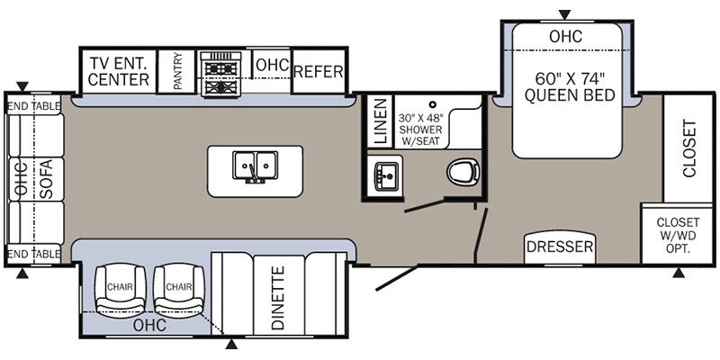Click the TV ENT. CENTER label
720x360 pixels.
pos(119,71)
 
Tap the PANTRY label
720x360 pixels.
pos(178,71)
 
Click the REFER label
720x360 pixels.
pos(318,72)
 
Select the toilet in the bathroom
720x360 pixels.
pos(463,171)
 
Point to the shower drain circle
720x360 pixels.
pos(432,106)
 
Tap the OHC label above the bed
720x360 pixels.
pos(565,37)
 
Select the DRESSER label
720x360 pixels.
pos(560,247)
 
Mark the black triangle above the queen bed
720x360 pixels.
pos(564,13)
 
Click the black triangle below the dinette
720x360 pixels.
pos(231,345)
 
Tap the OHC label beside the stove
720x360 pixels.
pos(271,66)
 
